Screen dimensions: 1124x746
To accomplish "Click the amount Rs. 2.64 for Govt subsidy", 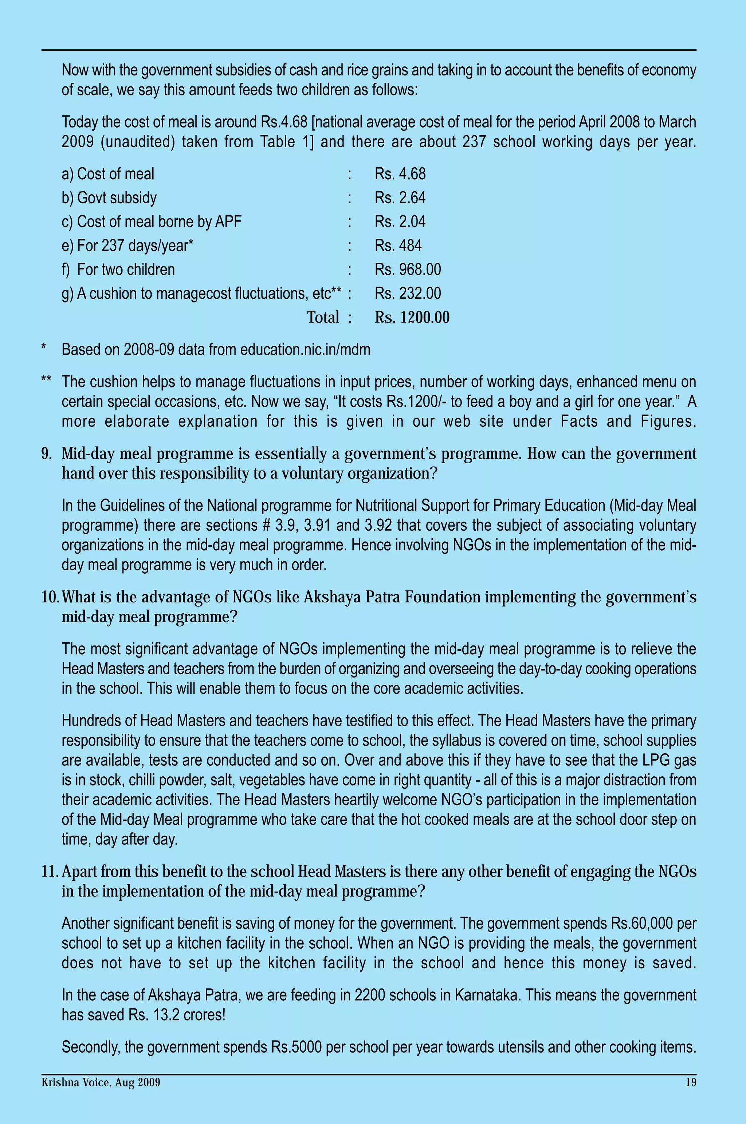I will point(400,198).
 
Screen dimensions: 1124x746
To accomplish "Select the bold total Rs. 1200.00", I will point(412,317).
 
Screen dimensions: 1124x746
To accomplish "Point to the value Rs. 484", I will point(398,246).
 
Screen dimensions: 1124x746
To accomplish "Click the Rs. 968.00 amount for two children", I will point(407,269).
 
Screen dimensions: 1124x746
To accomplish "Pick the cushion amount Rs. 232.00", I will point(407,293).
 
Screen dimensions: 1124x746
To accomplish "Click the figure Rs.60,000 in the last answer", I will point(642,924).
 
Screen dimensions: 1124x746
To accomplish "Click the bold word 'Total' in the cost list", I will point(323,317).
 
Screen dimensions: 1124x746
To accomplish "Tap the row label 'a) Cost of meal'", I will point(108,174).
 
